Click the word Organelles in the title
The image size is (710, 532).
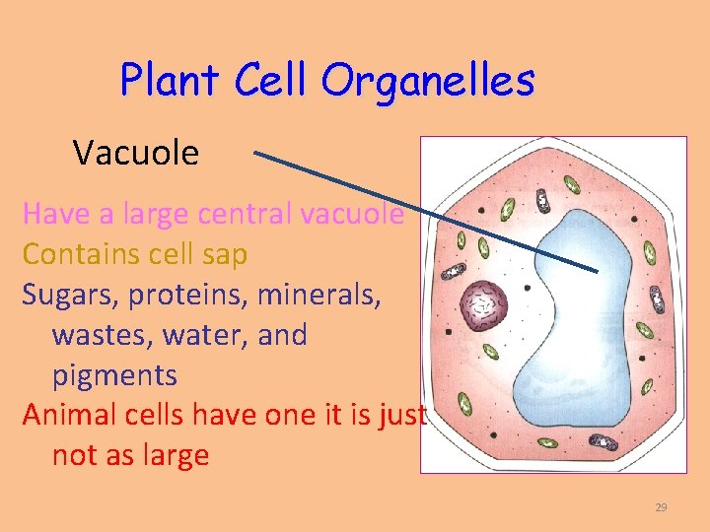(427, 81)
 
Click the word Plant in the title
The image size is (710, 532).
(172, 80)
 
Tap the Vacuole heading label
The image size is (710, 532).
(136, 153)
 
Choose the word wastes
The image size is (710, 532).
(97, 335)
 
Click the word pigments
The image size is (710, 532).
(114, 375)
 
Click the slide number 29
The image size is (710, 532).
(661, 507)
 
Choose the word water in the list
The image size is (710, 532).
(217, 335)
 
